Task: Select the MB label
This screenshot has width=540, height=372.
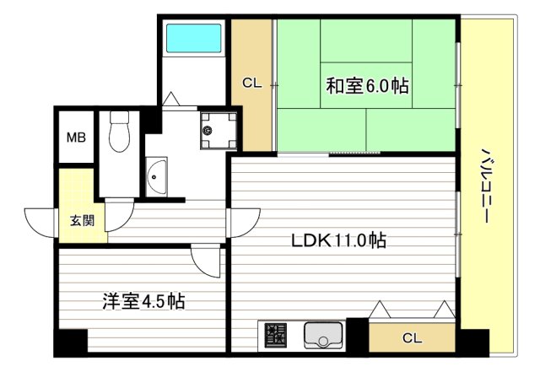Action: tap(76, 137)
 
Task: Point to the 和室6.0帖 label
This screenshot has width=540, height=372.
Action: tap(368, 85)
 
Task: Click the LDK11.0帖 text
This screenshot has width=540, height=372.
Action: tap(339, 240)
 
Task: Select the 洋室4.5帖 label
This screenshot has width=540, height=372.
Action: tap(143, 300)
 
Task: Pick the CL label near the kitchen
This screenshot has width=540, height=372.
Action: tap(411, 338)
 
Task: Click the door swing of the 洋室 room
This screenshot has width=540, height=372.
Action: tap(206, 260)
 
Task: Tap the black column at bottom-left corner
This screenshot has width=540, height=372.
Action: tap(70, 342)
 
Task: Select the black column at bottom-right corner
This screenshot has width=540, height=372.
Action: tap(473, 341)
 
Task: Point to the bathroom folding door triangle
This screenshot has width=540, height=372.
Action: tap(172, 99)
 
